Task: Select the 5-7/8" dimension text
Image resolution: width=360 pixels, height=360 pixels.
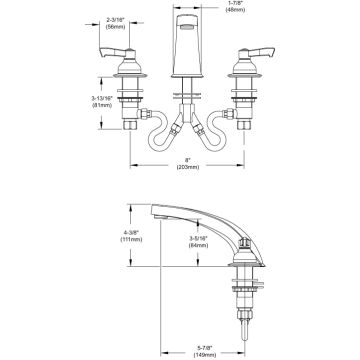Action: (204, 347)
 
